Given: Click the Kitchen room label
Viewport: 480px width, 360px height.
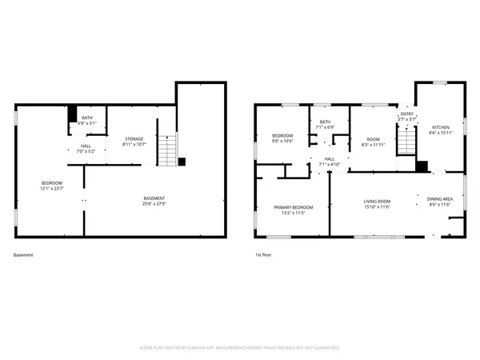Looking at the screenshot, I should (441, 128).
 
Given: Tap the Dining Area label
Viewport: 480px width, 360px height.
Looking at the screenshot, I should (440, 199).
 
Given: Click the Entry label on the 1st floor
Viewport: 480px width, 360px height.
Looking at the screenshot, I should (407, 114).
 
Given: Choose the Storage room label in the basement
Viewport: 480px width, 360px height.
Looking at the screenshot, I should (133, 139).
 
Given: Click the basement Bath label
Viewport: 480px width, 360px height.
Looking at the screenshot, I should (86, 118).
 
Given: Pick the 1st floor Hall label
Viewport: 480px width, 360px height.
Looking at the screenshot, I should (329, 158).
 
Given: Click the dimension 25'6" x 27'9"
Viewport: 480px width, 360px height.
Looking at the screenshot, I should (154, 204).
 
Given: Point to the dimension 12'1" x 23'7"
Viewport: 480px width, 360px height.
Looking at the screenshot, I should (52, 189).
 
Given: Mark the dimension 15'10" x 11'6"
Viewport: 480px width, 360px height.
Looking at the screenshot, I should (376, 206).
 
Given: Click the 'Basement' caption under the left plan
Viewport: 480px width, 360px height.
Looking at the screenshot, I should (24, 255).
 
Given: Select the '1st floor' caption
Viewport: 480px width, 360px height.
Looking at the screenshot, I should (263, 255).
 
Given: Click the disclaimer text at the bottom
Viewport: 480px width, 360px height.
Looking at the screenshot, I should (240, 348).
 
